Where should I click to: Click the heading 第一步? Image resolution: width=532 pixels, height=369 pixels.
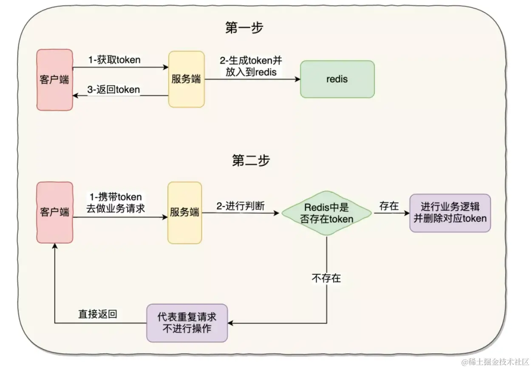pyautogui.click(x=244, y=28)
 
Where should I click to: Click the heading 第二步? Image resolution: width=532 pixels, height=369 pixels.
pyautogui.click(x=251, y=161)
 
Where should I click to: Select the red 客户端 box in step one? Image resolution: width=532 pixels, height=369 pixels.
pyautogui.click(x=54, y=80)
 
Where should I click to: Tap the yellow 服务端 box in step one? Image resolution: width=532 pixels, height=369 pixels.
pyautogui.click(x=186, y=79)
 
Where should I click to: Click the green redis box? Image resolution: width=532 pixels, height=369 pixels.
pyautogui.click(x=337, y=79)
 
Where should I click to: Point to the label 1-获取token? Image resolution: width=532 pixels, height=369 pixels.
pyautogui.click(x=114, y=60)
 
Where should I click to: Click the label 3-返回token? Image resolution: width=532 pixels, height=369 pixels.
pyautogui.click(x=113, y=90)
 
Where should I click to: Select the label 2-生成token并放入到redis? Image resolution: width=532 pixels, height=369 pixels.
pyautogui.click(x=251, y=66)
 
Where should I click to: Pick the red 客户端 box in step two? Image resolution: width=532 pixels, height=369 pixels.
pyautogui.click(x=54, y=212)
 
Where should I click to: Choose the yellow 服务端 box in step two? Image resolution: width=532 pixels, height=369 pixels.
pyautogui.click(x=184, y=213)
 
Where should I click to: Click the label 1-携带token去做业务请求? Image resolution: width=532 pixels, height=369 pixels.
pyautogui.click(x=115, y=203)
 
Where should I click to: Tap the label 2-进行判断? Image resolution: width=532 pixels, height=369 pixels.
pyautogui.click(x=241, y=206)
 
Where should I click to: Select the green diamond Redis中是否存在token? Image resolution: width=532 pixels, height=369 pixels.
pyautogui.click(x=326, y=213)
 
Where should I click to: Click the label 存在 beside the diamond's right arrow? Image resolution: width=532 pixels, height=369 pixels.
pyautogui.click(x=389, y=206)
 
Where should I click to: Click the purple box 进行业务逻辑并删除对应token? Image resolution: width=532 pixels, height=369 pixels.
pyautogui.click(x=450, y=213)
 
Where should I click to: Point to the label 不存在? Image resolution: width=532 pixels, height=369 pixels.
pyautogui.click(x=326, y=278)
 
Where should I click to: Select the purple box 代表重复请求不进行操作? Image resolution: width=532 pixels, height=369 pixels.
pyautogui.click(x=187, y=323)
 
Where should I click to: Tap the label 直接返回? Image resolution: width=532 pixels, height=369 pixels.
pyautogui.click(x=97, y=314)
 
